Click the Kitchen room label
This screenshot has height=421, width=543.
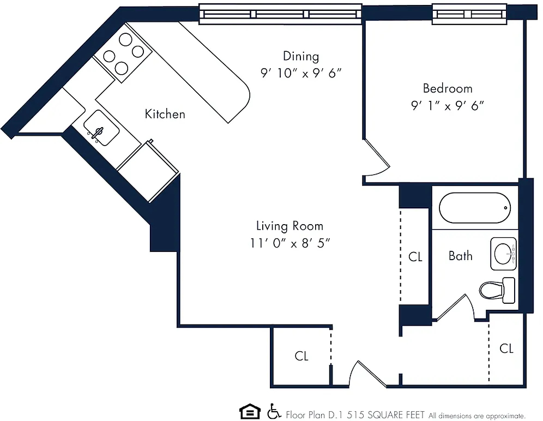[165, 114]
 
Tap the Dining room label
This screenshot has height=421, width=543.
[301, 56]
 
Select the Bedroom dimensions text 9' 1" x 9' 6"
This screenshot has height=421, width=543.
[448, 105]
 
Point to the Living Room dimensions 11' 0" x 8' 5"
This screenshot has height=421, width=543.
[290, 243]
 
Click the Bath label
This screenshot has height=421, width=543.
[460, 256]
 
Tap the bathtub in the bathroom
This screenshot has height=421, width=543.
[475, 208]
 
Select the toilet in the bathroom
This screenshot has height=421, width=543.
[497, 290]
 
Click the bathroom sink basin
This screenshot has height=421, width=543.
[503, 254]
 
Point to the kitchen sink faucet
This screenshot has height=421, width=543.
[96, 134]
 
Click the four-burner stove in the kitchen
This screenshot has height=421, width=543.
[123, 53]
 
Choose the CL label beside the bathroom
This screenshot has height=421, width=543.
[415, 257]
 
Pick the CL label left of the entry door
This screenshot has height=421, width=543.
[301, 356]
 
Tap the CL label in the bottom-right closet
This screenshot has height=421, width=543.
[506, 348]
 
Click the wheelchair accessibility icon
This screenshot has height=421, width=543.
[274, 411]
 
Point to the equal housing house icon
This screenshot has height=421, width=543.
[250, 412]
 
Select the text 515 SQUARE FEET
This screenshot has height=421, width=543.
[386, 415]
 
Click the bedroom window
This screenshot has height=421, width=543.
[469, 14]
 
